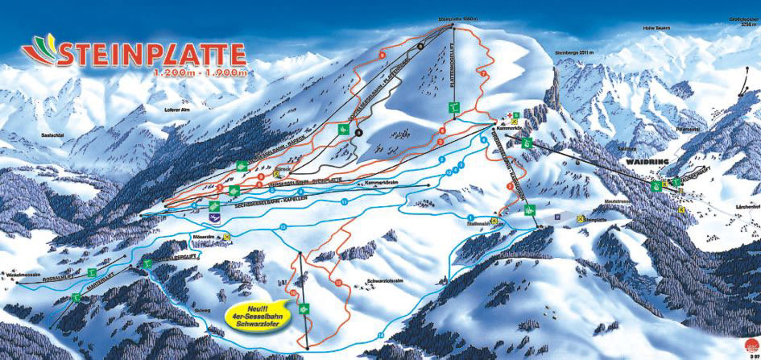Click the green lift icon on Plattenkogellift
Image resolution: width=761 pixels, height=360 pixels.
click(x=454, y=107)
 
